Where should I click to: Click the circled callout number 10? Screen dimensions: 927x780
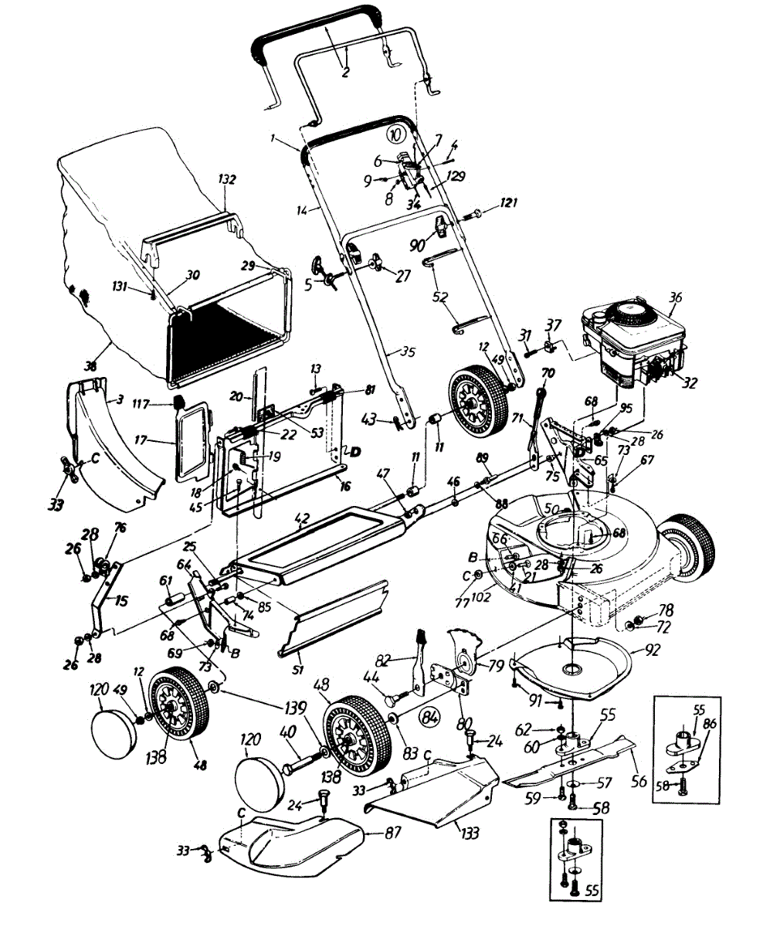[396, 133]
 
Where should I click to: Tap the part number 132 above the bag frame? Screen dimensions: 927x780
[226, 179]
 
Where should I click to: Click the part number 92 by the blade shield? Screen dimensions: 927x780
[653, 650]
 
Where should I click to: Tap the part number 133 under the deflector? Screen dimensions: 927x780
[469, 833]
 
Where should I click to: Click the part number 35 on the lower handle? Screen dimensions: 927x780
[407, 351]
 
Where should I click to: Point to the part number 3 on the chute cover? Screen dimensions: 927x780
[119, 399]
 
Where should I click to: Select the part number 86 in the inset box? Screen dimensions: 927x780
[710, 724]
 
